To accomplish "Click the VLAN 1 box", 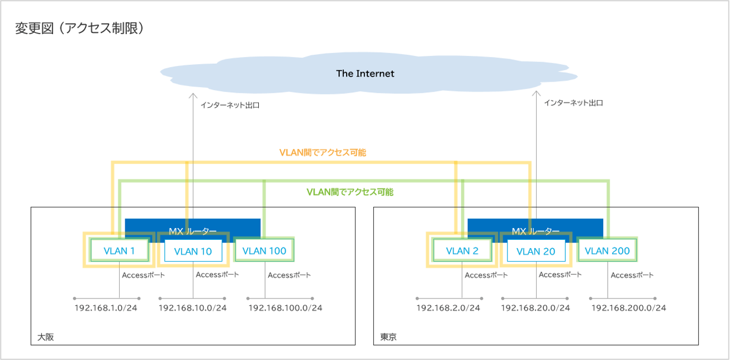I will (119, 251).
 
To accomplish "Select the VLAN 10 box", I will (193, 252).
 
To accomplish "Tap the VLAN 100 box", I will (265, 251).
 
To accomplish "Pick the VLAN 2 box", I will (462, 251).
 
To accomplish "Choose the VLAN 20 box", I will (535, 252).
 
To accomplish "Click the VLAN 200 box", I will (608, 251).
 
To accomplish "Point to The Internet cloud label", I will (365, 73).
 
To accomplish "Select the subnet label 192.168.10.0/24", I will (193, 308).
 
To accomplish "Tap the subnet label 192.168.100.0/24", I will (285, 308).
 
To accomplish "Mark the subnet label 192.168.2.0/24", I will (448, 308).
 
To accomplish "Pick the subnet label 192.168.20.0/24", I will (535, 308).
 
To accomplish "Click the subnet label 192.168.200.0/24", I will (628, 308).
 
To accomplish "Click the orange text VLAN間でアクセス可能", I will (323, 152).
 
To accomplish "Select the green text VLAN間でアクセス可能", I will (350, 192).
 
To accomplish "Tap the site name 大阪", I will (46, 337).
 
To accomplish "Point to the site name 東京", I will (388, 337).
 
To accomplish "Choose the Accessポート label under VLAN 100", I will (289, 275).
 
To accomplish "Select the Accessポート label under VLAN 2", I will (486, 275).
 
